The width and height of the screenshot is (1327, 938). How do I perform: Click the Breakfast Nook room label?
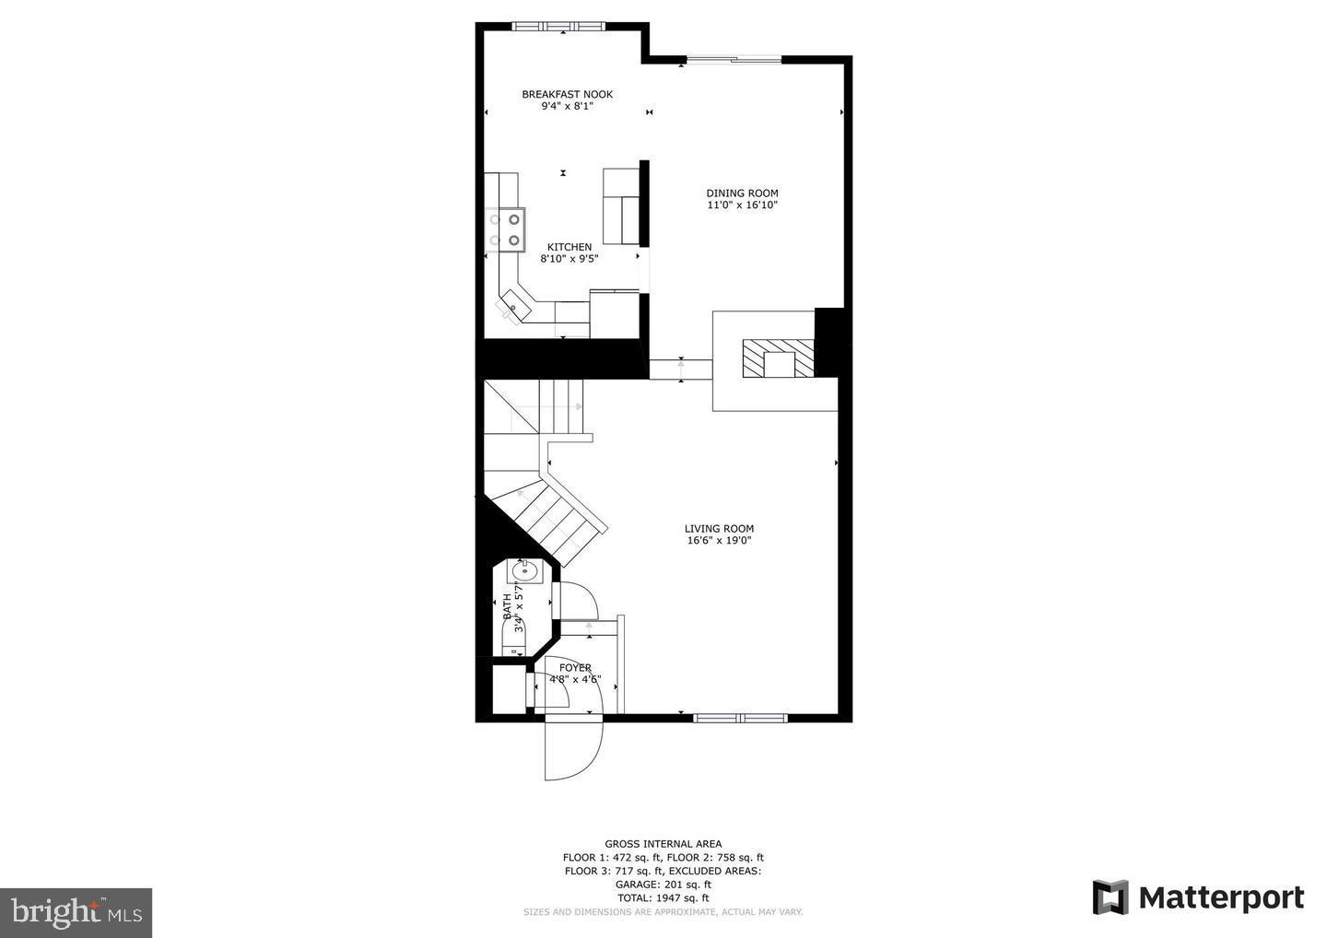click(x=567, y=94)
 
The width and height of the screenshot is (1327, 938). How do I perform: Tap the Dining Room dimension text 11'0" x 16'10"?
click(x=742, y=205)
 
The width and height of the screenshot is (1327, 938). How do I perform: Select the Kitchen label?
click(x=570, y=247)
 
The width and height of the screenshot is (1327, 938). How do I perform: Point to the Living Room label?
click(x=719, y=529)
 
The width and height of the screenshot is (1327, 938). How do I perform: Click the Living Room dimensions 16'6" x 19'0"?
click(x=719, y=541)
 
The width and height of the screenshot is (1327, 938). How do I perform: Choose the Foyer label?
click(x=575, y=668)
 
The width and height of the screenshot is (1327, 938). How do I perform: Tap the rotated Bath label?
click(x=507, y=605)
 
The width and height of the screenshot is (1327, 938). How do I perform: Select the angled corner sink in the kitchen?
click(x=512, y=305)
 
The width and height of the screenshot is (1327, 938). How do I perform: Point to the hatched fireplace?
click(x=780, y=358)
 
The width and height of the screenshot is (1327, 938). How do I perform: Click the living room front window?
click(x=740, y=718)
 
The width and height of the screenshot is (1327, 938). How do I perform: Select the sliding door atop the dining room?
click(x=734, y=60)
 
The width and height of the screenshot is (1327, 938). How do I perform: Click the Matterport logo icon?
click(x=1110, y=897)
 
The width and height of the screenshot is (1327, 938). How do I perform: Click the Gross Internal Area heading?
click(x=663, y=843)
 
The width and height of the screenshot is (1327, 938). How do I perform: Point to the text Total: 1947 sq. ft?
click(x=663, y=897)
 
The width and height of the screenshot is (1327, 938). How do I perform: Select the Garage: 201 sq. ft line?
click(x=663, y=884)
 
